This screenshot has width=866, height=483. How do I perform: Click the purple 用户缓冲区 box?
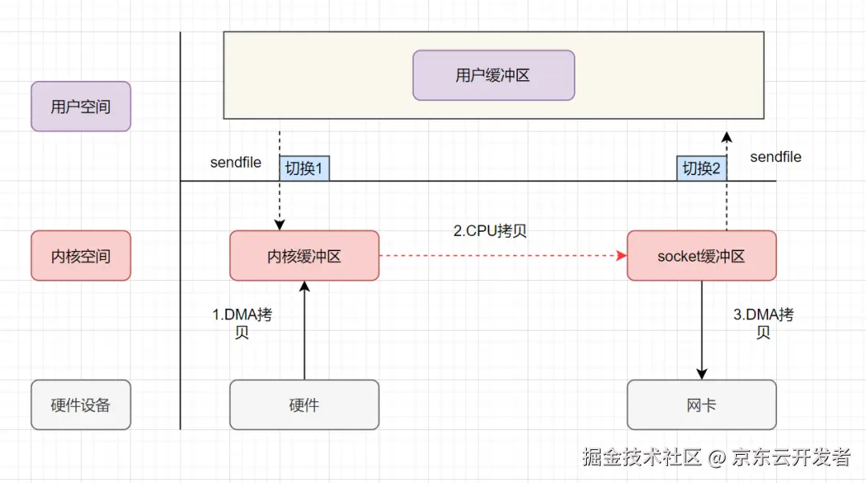493,75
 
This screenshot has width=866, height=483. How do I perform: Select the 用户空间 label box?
80,106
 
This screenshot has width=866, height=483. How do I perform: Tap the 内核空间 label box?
80,256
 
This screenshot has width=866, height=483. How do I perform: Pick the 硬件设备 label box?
80,404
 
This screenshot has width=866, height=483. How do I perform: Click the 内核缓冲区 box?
304,256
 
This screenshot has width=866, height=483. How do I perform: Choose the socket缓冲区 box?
701,256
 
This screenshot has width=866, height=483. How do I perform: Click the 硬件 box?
304,404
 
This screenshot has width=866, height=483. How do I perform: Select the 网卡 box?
701,404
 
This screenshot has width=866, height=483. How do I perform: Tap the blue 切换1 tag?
304,168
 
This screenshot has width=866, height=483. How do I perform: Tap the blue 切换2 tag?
701,168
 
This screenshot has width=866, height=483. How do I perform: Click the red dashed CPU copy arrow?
501,257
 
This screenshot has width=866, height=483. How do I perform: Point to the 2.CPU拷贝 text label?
490,231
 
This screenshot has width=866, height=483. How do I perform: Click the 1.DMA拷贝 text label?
241,323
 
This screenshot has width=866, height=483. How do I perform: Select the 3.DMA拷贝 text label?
763,323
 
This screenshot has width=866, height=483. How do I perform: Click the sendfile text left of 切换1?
236,162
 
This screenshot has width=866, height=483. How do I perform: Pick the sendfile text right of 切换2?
775,157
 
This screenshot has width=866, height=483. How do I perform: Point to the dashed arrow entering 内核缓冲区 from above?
280,201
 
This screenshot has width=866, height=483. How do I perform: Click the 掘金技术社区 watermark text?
642,457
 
